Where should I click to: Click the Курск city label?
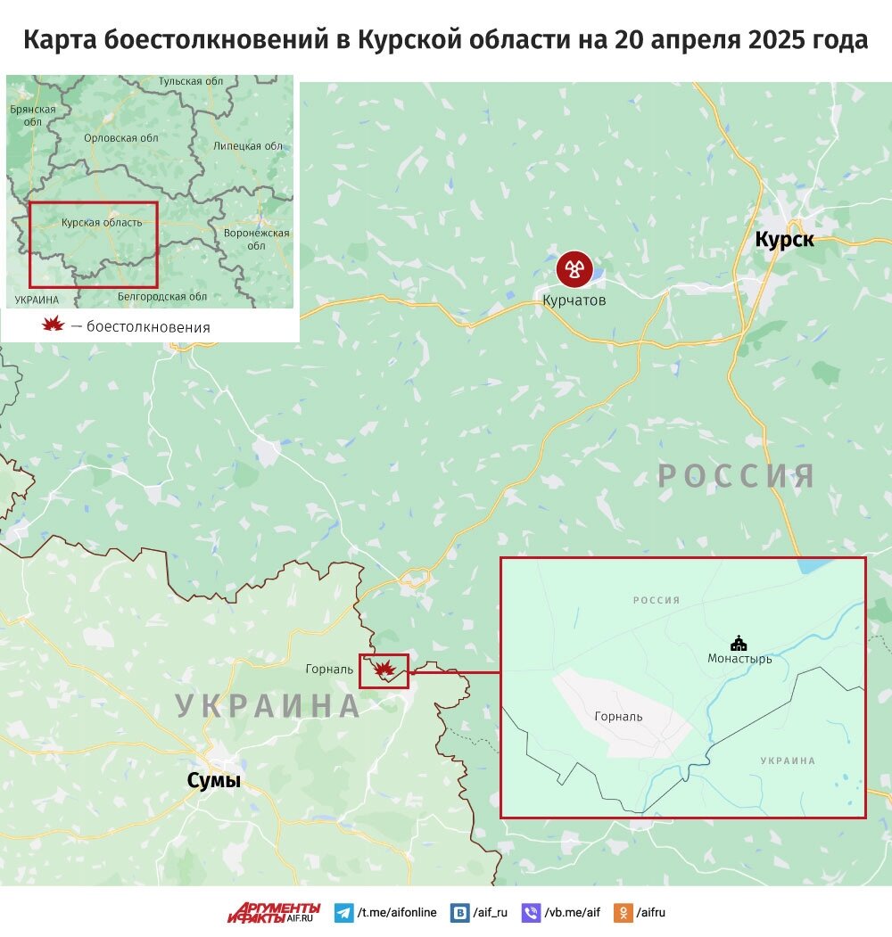[x=784, y=239]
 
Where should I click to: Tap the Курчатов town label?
[x=574, y=300]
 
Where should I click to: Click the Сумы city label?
[x=213, y=781]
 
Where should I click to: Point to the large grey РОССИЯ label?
[x=736, y=475]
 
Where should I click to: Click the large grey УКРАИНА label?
[x=268, y=705]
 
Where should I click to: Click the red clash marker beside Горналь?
[x=384, y=669]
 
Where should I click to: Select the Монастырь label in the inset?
[x=739, y=659]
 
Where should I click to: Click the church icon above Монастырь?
[x=739, y=642]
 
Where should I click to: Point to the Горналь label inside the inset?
[x=618, y=716]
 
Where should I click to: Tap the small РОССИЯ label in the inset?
[x=657, y=600]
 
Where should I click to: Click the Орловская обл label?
[x=120, y=138]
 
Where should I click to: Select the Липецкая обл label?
[x=249, y=146]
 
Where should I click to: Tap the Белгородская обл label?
[x=162, y=296]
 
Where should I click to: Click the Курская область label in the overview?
[x=101, y=222]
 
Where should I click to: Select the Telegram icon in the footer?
[x=343, y=913]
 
